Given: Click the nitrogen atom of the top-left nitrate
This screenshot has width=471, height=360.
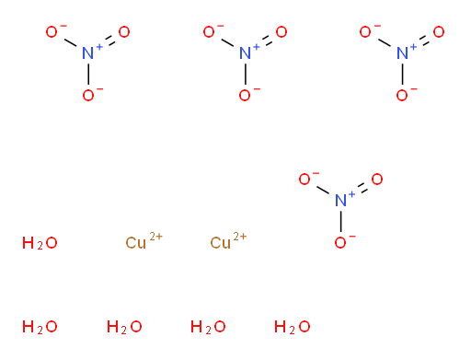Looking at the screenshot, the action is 88,53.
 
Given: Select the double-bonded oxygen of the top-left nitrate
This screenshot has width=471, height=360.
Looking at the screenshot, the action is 124,32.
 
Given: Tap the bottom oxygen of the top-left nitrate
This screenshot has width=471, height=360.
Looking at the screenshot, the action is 88,96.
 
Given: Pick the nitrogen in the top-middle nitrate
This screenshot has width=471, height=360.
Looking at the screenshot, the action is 245,53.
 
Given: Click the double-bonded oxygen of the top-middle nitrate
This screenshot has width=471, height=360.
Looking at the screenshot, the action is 281,32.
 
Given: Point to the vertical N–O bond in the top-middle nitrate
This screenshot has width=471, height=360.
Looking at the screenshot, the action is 246,74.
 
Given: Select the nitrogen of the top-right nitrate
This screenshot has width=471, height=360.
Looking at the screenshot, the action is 402,53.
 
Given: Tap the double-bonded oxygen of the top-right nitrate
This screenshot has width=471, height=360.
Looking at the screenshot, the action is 439,32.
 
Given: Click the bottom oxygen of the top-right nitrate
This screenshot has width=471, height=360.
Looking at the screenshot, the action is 402,96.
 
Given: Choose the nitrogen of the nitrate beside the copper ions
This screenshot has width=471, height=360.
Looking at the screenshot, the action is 340,201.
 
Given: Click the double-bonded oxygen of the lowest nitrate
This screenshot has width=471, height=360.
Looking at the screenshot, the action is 377,180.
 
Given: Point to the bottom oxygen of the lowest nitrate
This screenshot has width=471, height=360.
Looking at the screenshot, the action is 340,243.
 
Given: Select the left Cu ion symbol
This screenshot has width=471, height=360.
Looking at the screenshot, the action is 135,243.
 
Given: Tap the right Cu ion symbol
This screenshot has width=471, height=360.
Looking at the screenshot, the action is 220,243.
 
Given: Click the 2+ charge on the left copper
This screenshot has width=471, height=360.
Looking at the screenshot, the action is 155,237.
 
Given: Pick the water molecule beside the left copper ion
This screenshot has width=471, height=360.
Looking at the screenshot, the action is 40,243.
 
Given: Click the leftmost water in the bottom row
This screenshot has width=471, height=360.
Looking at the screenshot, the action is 40,327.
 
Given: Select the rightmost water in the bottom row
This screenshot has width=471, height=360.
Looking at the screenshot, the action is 292,327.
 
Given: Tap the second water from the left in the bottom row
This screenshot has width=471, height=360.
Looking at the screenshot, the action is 124,327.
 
